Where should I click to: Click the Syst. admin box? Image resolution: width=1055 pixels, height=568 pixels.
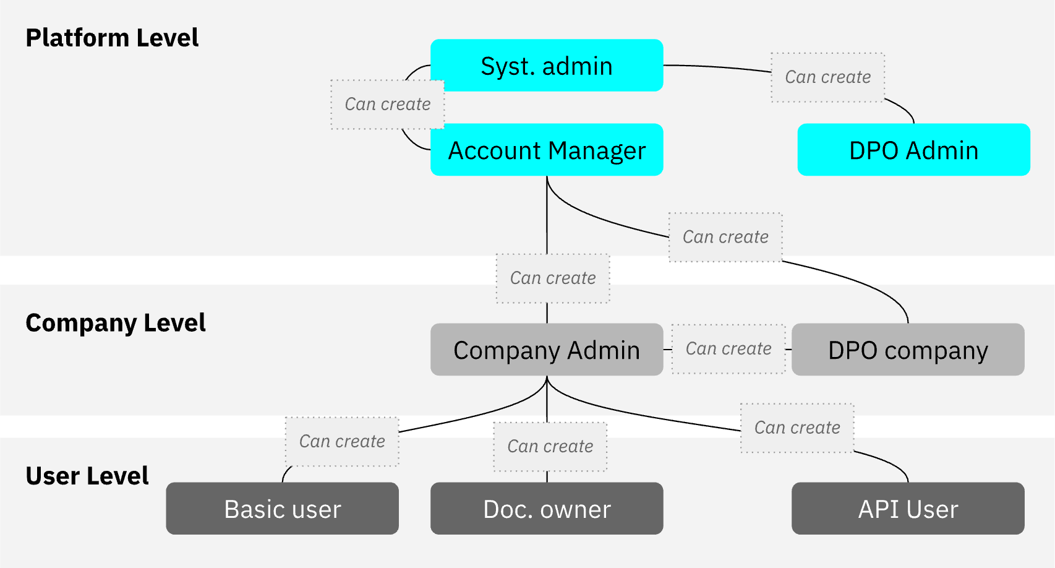[547, 66]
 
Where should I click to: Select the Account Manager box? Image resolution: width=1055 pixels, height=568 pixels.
[547, 150]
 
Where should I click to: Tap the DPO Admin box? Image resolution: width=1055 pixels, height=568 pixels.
[913, 150]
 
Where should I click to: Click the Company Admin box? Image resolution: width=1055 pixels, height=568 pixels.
[547, 350]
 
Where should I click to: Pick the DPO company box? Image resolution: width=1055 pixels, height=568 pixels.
[908, 350]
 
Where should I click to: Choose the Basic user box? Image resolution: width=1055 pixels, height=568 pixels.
[282, 509]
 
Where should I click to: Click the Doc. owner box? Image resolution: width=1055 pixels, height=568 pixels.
[547, 509]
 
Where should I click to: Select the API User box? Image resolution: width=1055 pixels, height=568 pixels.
[908, 509]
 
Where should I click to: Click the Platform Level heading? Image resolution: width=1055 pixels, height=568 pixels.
[112, 38]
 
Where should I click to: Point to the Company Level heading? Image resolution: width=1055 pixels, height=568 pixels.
[116, 323]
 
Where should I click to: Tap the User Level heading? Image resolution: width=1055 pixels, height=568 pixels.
[87, 476]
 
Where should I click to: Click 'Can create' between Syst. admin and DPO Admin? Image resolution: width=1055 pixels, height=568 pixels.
[827, 77]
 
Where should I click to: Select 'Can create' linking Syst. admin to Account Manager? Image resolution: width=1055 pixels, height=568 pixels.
[387, 104]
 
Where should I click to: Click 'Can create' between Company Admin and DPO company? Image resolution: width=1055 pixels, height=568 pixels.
[728, 349]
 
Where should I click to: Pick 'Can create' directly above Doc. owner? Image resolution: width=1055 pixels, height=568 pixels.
[550, 447]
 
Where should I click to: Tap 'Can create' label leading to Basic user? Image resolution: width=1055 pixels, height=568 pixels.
[342, 441]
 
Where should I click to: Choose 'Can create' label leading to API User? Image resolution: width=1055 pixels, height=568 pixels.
[797, 428]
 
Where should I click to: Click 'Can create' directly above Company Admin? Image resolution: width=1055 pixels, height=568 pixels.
[553, 278]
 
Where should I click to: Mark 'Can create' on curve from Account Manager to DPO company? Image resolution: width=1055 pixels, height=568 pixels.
[725, 237]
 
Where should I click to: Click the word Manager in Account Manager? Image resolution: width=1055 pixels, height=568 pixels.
[597, 150]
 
